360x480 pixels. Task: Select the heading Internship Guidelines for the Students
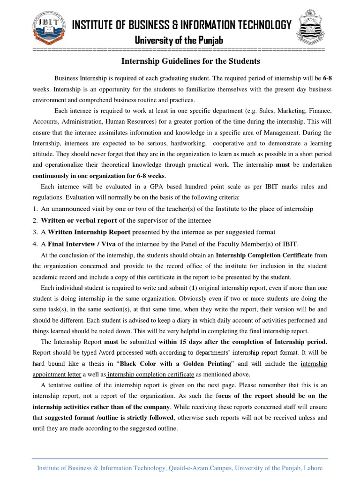tap(190, 61)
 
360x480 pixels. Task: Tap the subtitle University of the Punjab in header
tap(180, 41)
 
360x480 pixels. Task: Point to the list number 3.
tap(35, 232)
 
